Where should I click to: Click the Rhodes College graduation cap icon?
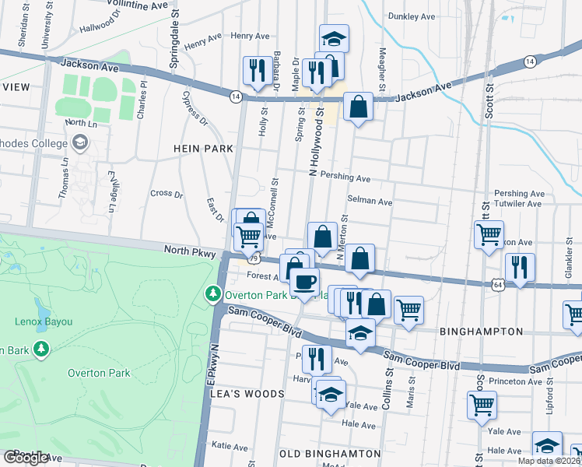(x=79, y=142)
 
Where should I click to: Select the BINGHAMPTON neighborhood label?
(x=481, y=331)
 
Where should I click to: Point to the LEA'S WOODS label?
(x=247, y=394)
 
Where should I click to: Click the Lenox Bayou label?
(x=44, y=321)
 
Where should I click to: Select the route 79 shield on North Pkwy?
(x=253, y=255)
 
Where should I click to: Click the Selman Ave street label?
(x=370, y=201)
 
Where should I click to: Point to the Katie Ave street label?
(x=230, y=447)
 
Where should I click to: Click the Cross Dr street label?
(x=166, y=193)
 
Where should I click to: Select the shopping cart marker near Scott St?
(x=489, y=234)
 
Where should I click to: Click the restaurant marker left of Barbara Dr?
(x=254, y=71)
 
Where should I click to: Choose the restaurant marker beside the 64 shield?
(x=519, y=266)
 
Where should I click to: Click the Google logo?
(x=25, y=458)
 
